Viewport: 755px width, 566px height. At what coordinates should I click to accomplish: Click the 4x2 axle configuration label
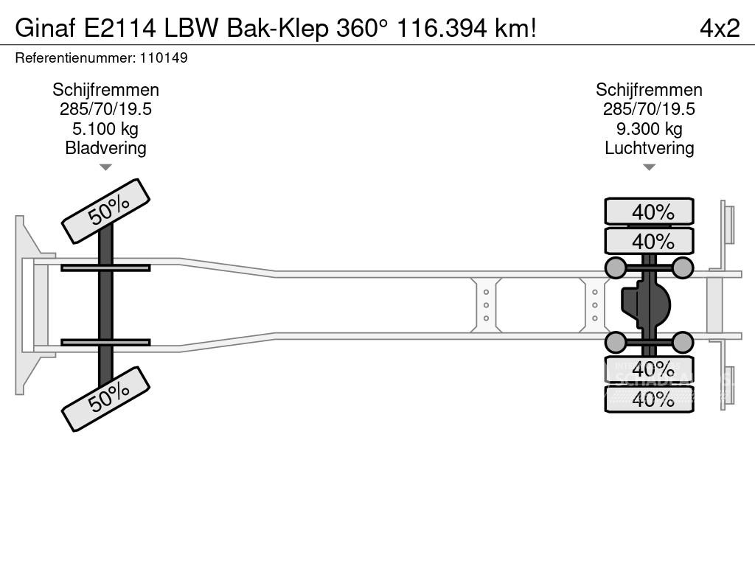pyautogui.click(x=719, y=28)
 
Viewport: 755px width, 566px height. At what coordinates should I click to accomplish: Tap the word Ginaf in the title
pyautogui.click(x=45, y=28)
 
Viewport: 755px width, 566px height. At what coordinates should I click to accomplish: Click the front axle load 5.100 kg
pyautogui.click(x=105, y=129)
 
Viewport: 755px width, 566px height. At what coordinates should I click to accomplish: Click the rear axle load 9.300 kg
pyautogui.click(x=649, y=129)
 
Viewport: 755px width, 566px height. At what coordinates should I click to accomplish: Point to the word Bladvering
pyautogui.click(x=105, y=147)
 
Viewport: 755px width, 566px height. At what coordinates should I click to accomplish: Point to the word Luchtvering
pyautogui.click(x=649, y=147)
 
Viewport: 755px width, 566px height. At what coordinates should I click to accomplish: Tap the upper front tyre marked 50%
pyautogui.click(x=105, y=211)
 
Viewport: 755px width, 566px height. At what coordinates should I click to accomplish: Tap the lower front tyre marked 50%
pyautogui.click(x=105, y=399)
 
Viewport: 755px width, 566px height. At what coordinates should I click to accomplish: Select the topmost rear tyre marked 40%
pyautogui.click(x=649, y=212)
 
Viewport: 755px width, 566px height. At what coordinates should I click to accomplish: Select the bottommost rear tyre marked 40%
pyautogui.click(x=649, y=399)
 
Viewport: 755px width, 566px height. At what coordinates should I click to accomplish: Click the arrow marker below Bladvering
pyautogui.click(x=105, y=167)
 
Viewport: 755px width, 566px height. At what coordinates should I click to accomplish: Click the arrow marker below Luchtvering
pyautogui.click(x=649, y=167)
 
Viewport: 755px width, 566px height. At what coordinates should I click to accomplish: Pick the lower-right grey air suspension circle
pyautogui.click(x=683, y=342)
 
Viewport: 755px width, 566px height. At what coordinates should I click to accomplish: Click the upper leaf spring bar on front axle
pyautogui.click(x=105, y=268)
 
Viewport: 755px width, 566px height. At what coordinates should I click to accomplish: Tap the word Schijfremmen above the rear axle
pyautogui.click(x=649, y=90)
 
